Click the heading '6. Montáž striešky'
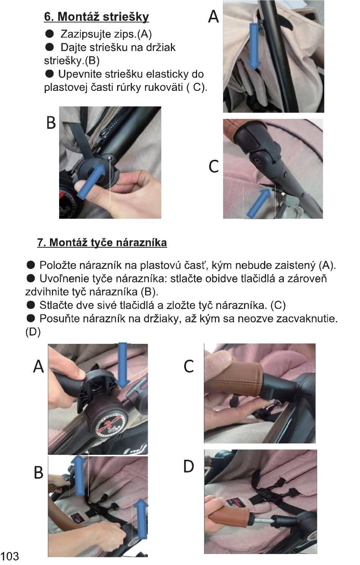[96, 17]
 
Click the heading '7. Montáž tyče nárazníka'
[102, 242]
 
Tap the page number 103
[9, 556]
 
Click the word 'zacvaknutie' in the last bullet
[307, 319]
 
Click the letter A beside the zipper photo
[213, 16]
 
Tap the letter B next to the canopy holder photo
[51, 123]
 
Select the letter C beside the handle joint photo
[214, 167]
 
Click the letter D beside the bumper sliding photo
[188, 467]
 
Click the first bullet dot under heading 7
[31, 265]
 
